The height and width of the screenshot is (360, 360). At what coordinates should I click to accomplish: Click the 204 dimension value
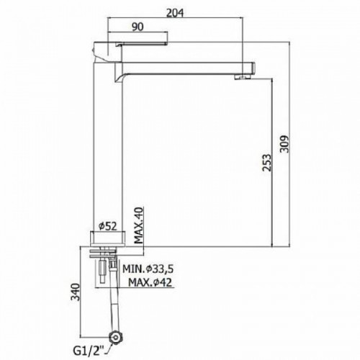click(175, 13)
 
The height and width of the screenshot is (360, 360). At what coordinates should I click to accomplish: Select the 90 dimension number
click(138, 27)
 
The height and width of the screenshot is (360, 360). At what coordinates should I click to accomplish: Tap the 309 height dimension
click(285, 144)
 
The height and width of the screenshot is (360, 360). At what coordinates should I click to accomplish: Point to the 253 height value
click(267, 163)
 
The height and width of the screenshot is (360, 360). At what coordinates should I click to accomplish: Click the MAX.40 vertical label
click(138, 225)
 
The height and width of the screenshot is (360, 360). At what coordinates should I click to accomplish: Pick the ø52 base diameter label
click(108, 226)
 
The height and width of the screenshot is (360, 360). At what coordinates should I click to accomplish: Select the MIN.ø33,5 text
click(148, 269)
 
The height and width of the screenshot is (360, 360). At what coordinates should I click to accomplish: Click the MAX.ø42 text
click(150, 282)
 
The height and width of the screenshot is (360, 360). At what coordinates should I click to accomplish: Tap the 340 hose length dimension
click(76, 292)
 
